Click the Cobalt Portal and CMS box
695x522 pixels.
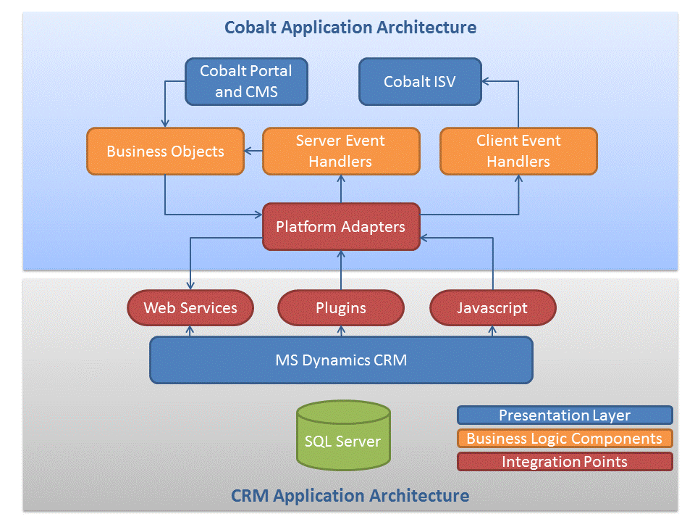pos(246,81)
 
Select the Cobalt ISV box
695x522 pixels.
pos(420,81)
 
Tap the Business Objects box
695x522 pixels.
pos(165,152)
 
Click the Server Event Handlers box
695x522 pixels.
pos(340,152)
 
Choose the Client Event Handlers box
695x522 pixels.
pos(518,152)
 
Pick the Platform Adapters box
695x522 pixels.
pos(340,227)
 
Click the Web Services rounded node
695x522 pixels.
pos(190,308)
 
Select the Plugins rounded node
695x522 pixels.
pos(340,308)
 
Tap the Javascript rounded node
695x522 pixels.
pos(492,308)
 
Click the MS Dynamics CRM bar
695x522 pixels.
pos(340,360)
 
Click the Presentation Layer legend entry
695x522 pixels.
pos(565,415)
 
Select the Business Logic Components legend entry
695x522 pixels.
pos(565,439)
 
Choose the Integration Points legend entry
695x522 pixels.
pos(565,462)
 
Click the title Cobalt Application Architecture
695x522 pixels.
pos(350,28)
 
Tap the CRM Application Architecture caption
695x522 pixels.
pos(350,496)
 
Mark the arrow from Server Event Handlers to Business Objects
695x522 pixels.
pos(253,152)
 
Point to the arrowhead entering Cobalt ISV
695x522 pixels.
pos(486,81)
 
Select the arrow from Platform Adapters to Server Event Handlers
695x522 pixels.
pos(340,189)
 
